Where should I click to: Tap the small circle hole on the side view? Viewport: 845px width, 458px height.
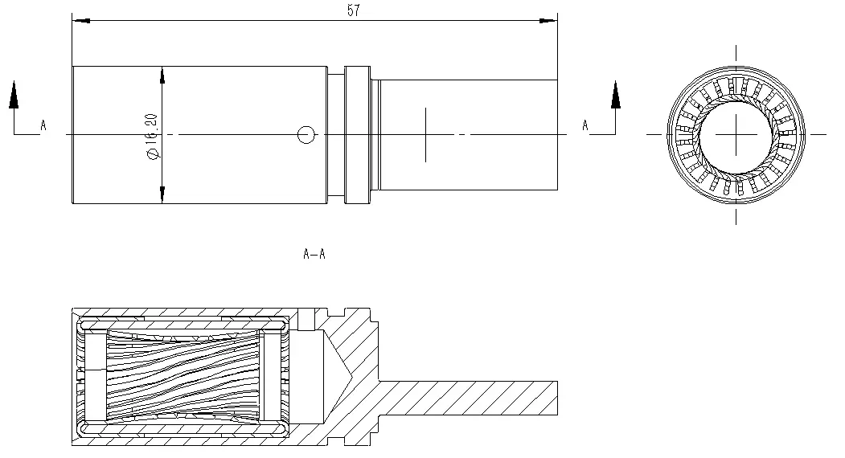pos(306,134)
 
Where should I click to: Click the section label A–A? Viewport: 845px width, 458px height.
pos(314,254)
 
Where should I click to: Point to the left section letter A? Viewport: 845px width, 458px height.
pos(43,125)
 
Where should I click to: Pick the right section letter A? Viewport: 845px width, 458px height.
pos(585,125)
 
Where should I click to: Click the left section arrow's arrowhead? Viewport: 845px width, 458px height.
pos(14,94)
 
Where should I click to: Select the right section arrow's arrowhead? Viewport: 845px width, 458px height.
pos(616,94)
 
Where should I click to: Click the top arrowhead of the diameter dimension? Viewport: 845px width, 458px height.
pos(163,75)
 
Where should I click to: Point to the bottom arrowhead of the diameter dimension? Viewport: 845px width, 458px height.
pos(163,194)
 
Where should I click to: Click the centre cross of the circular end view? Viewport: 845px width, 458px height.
pos(736,134)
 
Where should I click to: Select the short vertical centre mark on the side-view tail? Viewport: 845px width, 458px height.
pos(425,134)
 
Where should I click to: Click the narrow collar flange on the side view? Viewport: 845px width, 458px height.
pos(356,134)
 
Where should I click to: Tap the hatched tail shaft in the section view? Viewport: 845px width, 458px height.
pos(474,398)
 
